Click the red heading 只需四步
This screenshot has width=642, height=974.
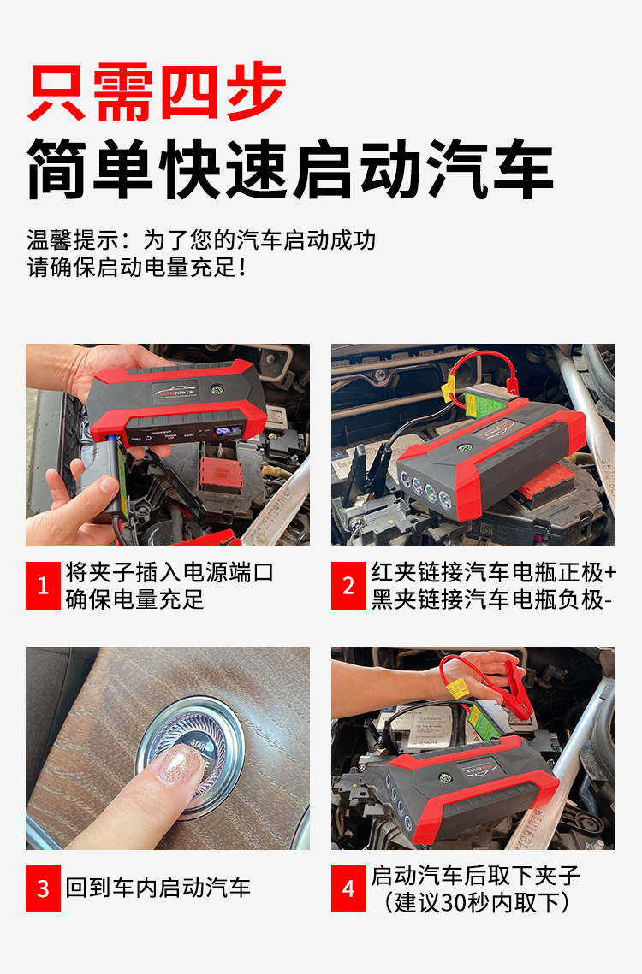pos(156,92)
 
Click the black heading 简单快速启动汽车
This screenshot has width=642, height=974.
pos(290,168)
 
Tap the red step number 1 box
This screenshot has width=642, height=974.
pos(43,585)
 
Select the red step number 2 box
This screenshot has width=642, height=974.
pos(348,585)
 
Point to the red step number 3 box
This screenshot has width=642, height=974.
pos(43,888)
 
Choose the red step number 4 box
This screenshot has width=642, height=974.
pos(348,888)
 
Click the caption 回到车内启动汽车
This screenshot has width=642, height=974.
pos(158,888)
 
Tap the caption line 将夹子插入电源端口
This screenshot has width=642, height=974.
pos(169,572)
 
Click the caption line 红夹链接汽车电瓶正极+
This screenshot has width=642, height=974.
pos(493,572)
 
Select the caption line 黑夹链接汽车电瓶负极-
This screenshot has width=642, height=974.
pos(491,599)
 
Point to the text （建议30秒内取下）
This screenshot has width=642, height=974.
pos(476,902)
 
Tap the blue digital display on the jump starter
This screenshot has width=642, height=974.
pos(227,430)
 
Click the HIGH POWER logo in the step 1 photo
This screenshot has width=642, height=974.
pos(176,392)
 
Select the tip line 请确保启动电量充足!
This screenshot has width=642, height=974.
pos(137,268)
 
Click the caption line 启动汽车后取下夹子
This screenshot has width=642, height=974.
pos(475,876)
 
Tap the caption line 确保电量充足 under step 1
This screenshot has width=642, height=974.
pos(135,599)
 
